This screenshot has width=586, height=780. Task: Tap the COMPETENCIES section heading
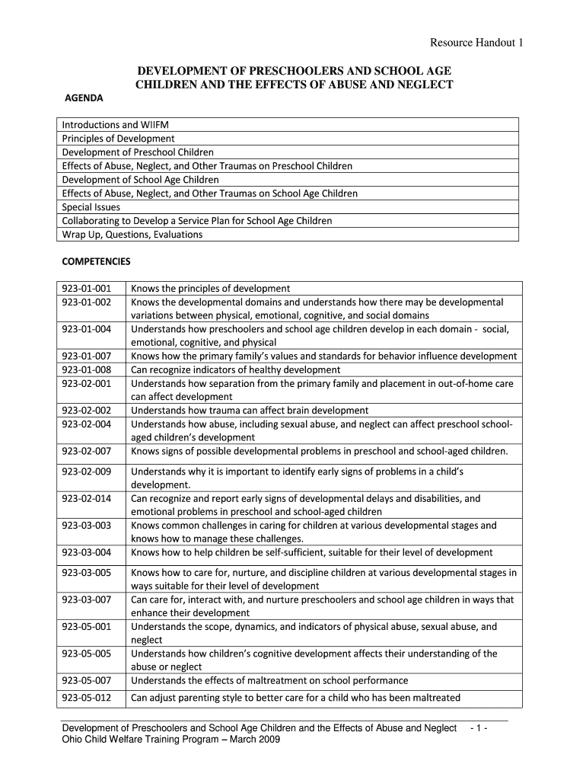tap(96, 261)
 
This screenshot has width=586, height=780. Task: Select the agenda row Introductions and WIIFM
tap(112, 125)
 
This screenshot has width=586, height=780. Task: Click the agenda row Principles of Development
tap(118, 139)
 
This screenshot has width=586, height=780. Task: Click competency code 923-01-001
tap(87, 289)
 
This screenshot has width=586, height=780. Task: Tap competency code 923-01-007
tap(87, 356)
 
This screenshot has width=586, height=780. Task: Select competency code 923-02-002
tap(87, 411)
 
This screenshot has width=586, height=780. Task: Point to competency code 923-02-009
tap(87, 472)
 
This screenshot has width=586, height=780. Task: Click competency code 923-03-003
tap(87, 526)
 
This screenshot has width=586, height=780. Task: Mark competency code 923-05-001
tap(87, 627)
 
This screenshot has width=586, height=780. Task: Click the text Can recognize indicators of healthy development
tap(236, 369)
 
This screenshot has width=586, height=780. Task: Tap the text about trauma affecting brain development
tap(250, 411)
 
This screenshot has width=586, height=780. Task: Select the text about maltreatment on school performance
tap(269, 681)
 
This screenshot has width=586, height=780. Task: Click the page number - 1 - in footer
tap(485, 728)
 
